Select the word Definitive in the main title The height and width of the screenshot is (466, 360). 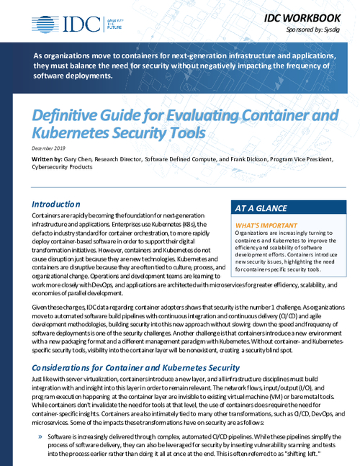point(68,116)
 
